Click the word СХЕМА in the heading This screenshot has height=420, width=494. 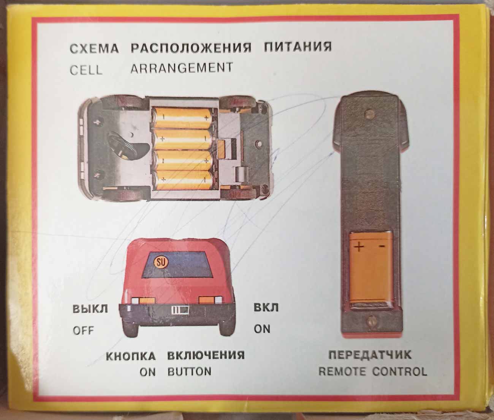[94, 49]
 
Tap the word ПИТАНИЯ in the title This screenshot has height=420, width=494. [298, 47]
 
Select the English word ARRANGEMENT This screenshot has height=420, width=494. [182, 68]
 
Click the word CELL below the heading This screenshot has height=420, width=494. [86, 70]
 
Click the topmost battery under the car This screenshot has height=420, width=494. [183, 118]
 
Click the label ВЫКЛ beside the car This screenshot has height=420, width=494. [90, 309]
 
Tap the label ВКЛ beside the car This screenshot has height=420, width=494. [266, 308]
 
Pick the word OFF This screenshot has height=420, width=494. [83, 330]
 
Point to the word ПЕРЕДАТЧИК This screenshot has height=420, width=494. [370, 361]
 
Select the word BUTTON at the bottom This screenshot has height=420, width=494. [189, 378]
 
